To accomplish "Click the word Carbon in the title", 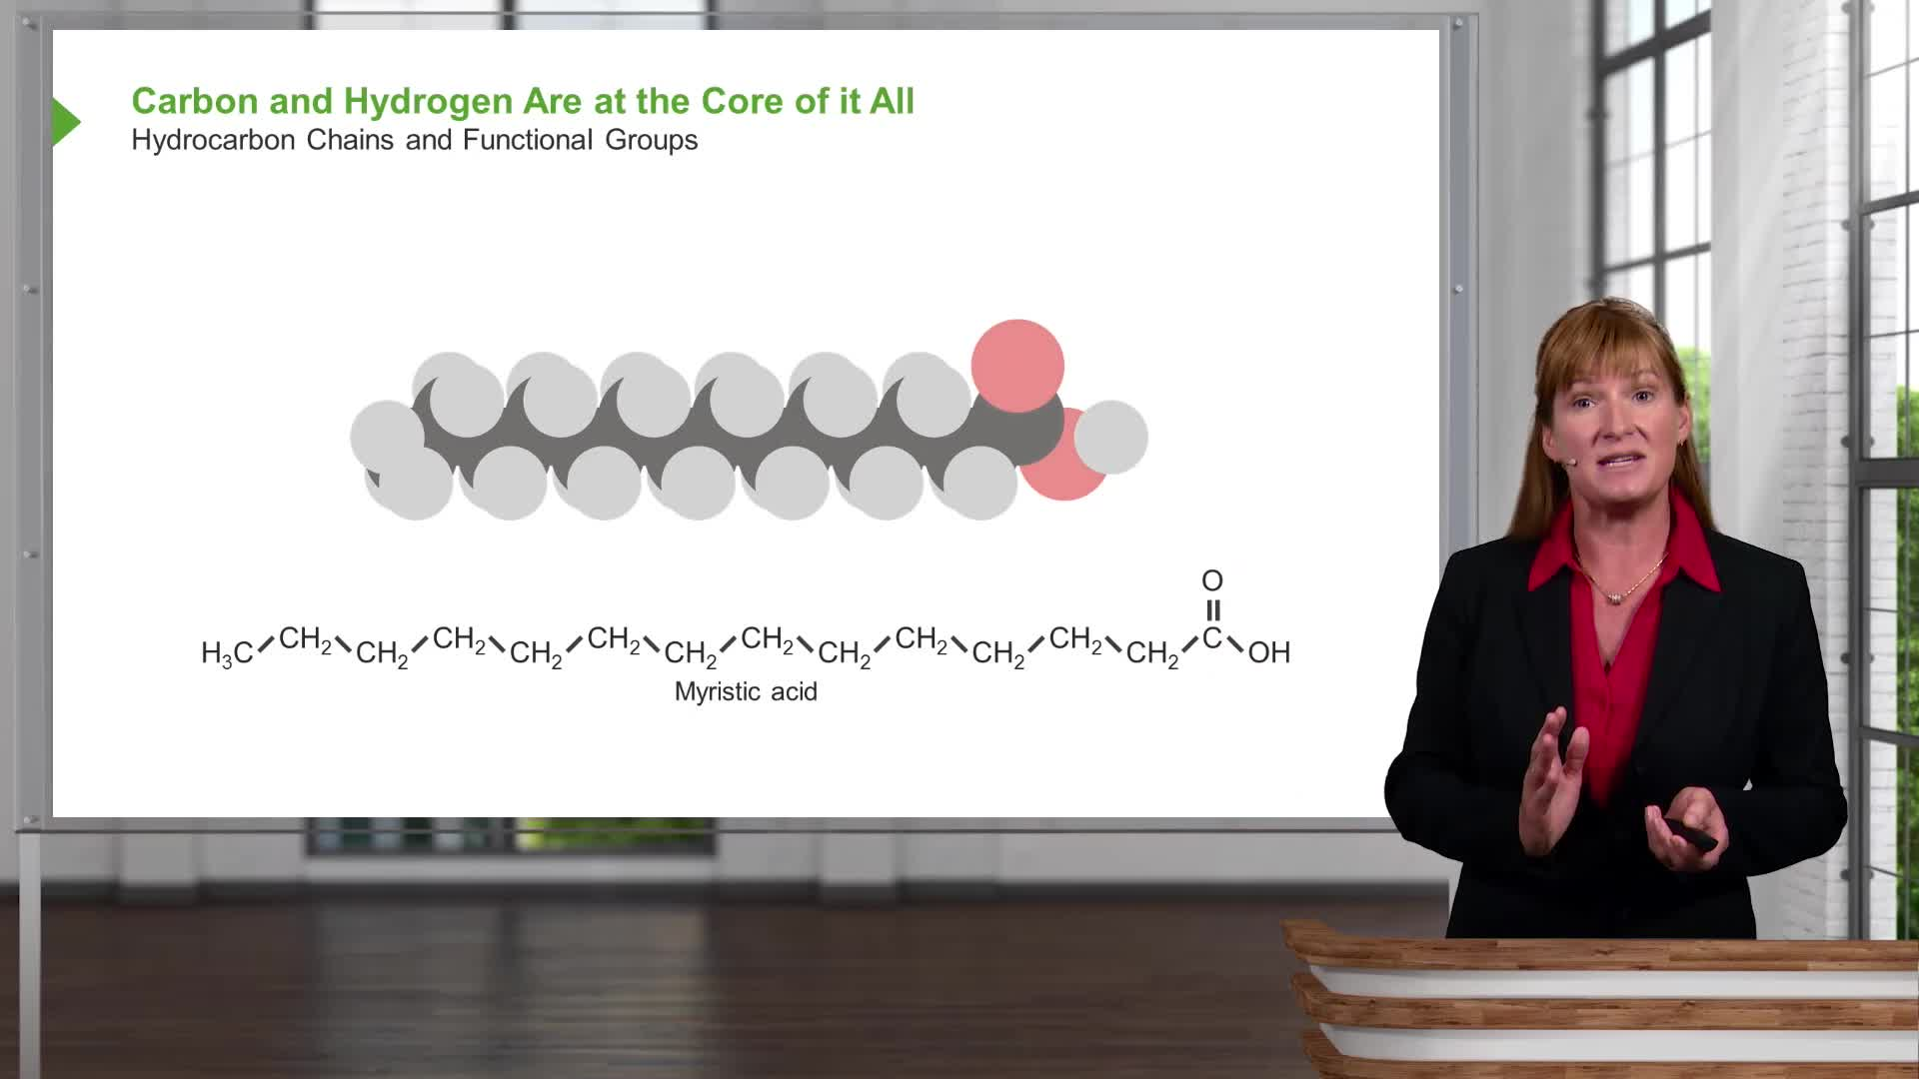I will tap(195, 101).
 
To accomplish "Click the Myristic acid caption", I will tap(746, 691).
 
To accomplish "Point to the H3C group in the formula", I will tap(227, 653).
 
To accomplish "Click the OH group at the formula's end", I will tap(1269, 652).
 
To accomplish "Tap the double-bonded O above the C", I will tap(1212, 580).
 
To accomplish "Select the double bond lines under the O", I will tap(1212, 609).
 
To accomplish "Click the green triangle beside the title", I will tap(65, 122).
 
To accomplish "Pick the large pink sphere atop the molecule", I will tap(1017, 366).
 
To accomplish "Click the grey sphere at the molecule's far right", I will tap(1110, 437).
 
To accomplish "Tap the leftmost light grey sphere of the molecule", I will tap(386, 437).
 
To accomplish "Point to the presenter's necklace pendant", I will tap(1614, 596).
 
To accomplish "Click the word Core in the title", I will tap(741, 101).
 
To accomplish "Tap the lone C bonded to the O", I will tap(1211, 637).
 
